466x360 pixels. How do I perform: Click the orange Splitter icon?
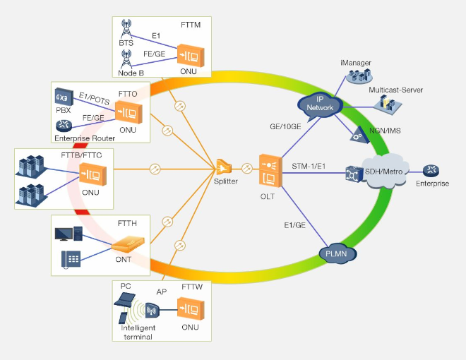(x=224, y=167)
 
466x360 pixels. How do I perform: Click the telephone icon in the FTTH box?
(x=71, y=259)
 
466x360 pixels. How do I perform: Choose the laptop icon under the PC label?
(x=126, y=301)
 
